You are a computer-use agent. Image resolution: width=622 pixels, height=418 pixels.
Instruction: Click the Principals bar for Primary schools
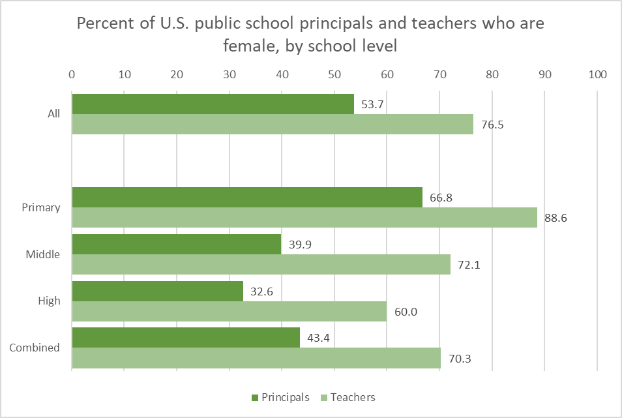pos(247,197)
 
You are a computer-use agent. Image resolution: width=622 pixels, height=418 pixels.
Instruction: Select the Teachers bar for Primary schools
pos(304,218)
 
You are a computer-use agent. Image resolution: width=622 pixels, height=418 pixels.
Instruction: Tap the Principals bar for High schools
pos(157,291)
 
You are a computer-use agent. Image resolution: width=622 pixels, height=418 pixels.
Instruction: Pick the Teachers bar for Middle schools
pos(261,264)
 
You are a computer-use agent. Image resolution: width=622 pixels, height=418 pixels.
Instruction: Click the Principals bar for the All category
pos(213,104)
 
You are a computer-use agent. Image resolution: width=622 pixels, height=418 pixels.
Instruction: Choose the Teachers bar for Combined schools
pos(256,358)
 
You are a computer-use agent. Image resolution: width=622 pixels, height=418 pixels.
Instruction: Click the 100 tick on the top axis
pos(597,74)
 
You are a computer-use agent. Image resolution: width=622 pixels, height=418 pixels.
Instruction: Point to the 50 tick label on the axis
pos(334,74)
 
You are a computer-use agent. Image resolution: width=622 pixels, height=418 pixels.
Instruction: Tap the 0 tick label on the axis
pos(72,74)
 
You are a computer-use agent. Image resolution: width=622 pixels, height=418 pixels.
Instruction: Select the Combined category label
pos(35,348)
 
